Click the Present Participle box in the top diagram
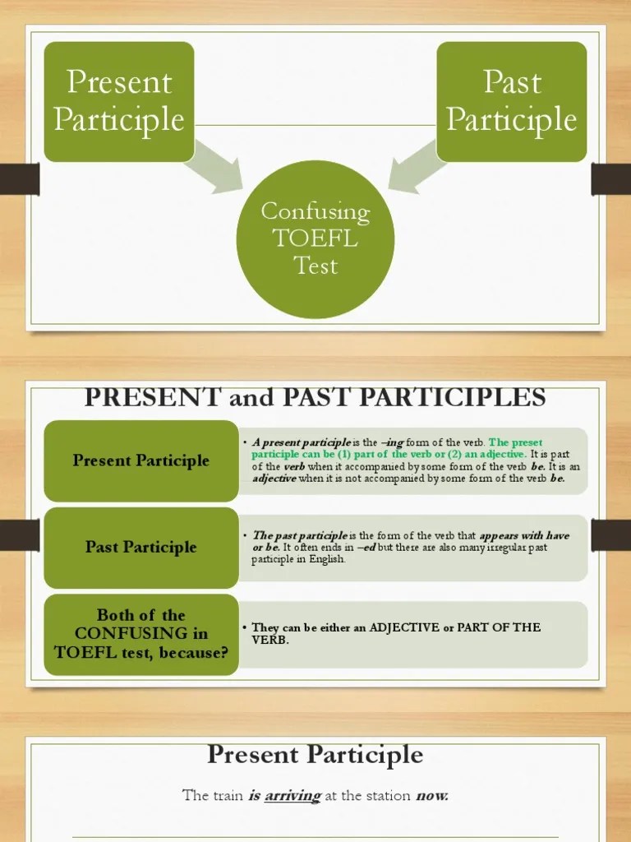(119, 101)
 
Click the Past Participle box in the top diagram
(511, 101)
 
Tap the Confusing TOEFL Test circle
(315, 238)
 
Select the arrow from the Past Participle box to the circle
(414, 172)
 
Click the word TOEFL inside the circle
(315, 238)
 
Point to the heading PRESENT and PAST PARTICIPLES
(315, 398)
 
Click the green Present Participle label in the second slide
(140, 460)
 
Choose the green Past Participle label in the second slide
(140, 547)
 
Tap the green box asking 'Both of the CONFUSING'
(140, 634)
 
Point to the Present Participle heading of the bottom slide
(315, 754)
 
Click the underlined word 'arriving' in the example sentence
(292, 795)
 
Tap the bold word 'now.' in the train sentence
(432, 795)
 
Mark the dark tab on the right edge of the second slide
(611, 534)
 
